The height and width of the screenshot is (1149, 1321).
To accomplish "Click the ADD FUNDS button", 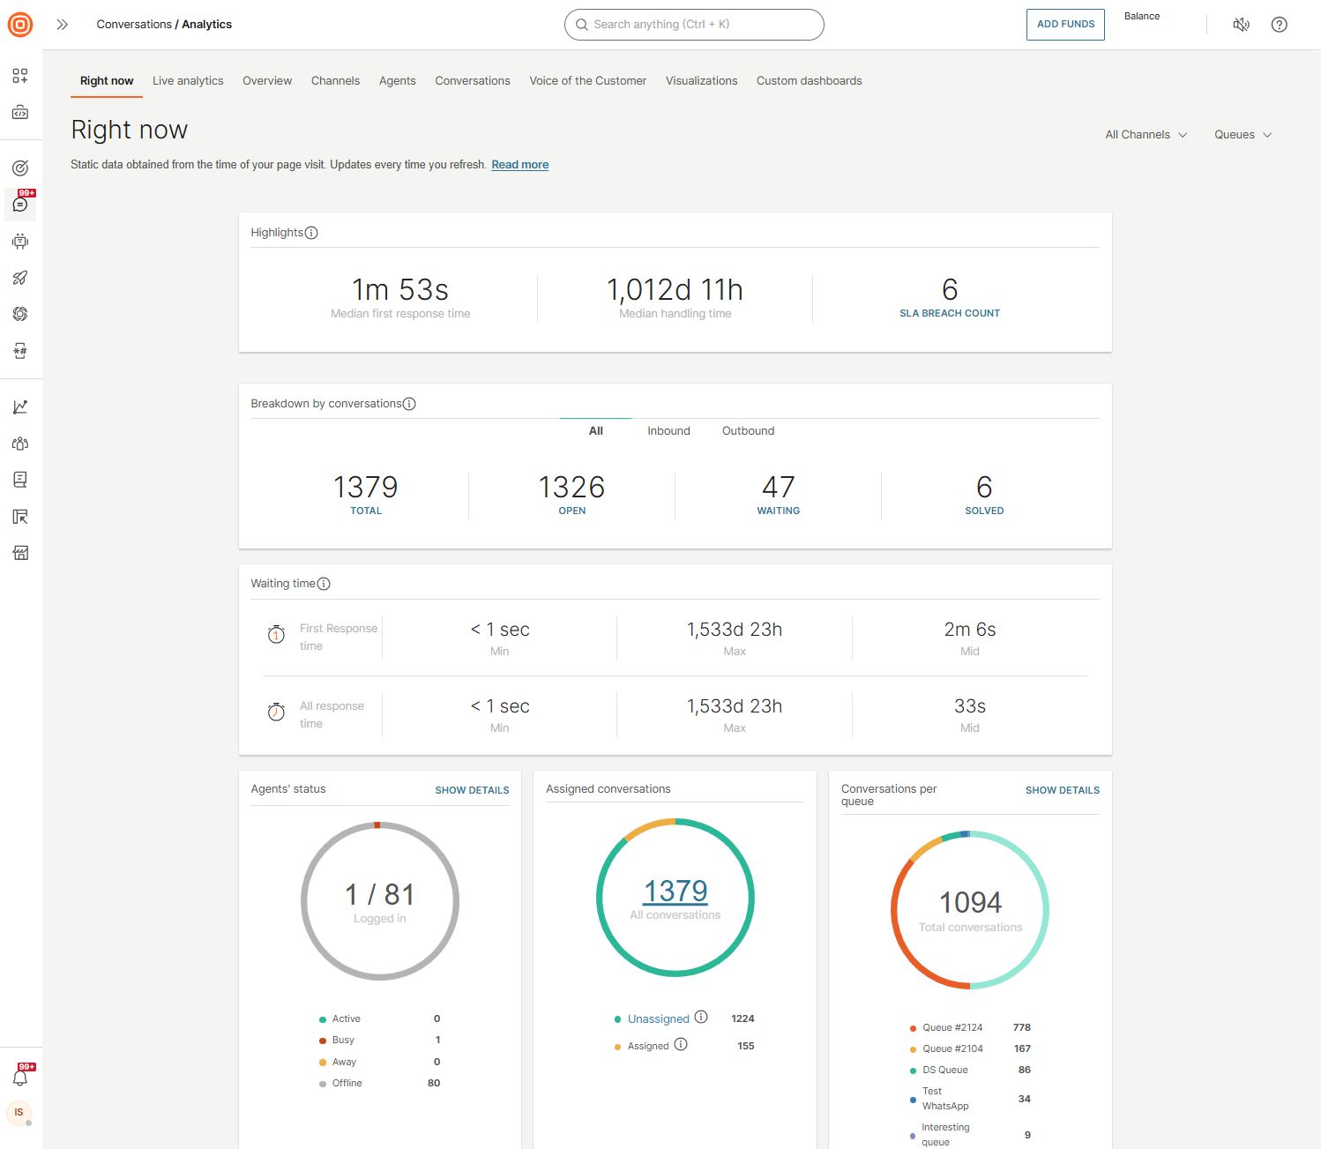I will [1065, 25].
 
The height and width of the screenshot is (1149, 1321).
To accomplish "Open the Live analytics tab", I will [188, 81].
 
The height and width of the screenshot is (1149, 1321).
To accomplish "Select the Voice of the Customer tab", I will [587, 81].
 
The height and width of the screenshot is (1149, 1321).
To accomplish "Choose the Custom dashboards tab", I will [809, 81].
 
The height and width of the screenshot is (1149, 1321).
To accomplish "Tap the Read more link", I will [519, 165].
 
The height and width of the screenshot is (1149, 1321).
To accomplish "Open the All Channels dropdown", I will [1146, 135].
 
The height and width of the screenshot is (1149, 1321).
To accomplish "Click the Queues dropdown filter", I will [1243, 135].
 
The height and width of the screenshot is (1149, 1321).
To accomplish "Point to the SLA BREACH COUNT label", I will [949, 313].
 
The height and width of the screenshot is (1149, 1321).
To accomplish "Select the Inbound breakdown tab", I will [668, 431].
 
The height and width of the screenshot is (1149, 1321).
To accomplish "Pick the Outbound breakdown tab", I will [748, 431].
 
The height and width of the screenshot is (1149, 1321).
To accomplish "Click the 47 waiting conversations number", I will [778, 487].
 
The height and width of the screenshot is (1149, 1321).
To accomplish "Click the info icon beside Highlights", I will [311, 233].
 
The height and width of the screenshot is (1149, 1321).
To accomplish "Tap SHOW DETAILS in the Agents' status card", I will [472, 790].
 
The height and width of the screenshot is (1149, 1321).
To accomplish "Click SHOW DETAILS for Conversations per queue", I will [1062, 790].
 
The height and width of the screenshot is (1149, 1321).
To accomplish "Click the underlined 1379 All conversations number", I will [675, 892].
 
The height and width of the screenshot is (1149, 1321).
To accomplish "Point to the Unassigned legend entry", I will [658, 1019].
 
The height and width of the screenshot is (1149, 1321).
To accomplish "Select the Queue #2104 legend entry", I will [952, 1048].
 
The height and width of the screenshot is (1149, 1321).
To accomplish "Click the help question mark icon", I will [1279, 25].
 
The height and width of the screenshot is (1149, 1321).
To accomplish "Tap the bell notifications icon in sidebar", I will [20, 1078].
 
